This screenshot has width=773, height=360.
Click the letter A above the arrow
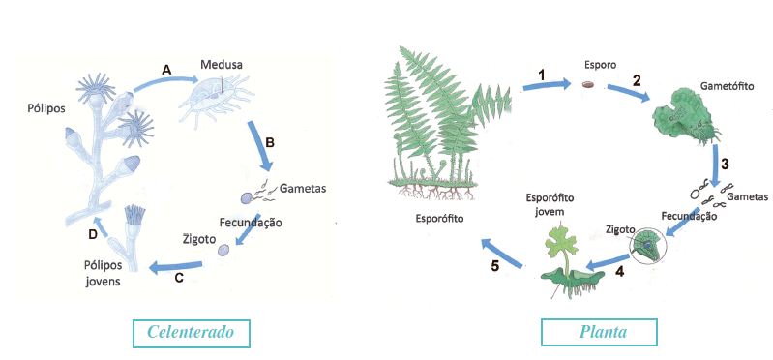point(166,70)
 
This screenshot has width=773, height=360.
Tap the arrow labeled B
point(260,144)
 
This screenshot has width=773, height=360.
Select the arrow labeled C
point(175,267)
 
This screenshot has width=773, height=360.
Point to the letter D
point(92,235)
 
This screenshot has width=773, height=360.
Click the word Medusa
point(222,65)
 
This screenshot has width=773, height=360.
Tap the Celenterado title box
point(192,333)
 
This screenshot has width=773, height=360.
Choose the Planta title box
point(599,332)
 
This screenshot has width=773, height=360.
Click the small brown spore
point(587,85)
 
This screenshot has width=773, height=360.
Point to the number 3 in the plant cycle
point(725,165)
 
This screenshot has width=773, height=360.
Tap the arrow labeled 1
point(547,85)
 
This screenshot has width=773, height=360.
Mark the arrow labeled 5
point(502,253)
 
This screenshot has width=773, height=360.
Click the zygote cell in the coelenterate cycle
point(223,251)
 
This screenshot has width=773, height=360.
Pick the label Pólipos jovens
point(103,274)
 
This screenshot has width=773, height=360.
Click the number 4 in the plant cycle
point(619,272)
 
